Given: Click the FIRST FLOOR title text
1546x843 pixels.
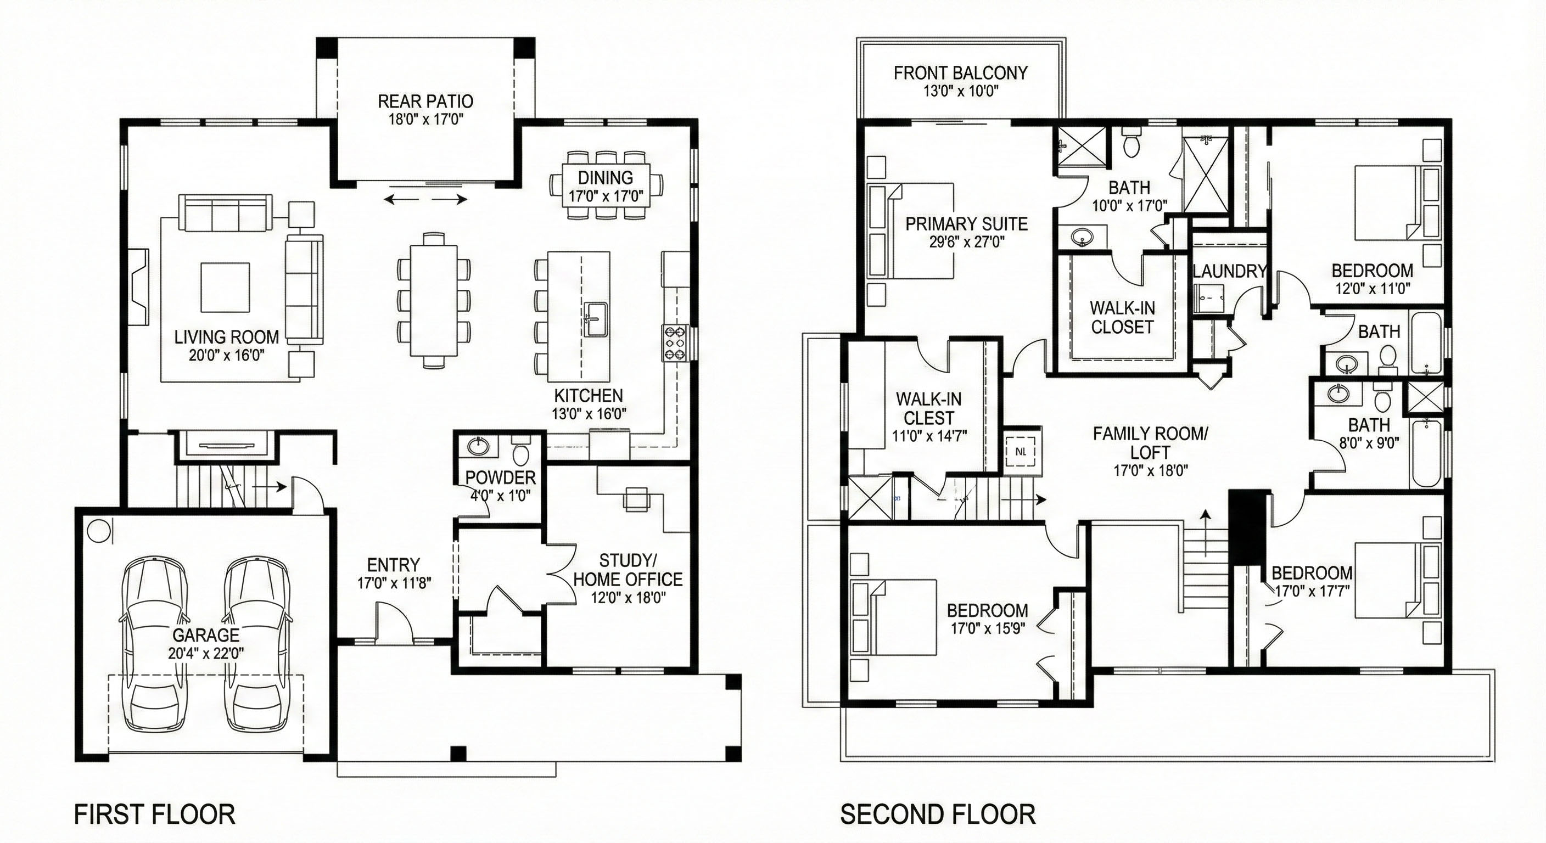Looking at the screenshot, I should [154, 814].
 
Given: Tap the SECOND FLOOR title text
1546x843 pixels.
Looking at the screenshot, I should [938, 814].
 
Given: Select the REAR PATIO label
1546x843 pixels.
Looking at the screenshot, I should [425, 102].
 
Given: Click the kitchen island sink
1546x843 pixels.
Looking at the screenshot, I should [595, 318].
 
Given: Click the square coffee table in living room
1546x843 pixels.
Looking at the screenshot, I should [225, 288].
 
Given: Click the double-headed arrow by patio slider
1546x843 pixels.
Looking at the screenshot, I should [425, 199].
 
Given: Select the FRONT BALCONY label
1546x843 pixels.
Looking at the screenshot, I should [960, 73].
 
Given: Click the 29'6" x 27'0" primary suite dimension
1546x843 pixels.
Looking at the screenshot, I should [966, 242].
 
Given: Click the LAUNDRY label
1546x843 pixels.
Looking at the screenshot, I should [1229, 271].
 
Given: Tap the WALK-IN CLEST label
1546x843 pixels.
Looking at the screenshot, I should [928, 408].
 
